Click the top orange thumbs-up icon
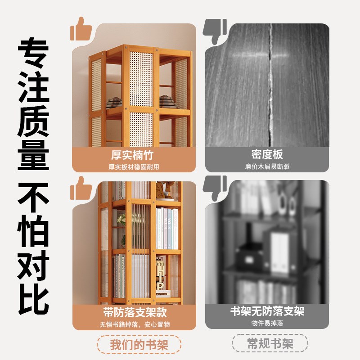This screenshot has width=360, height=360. tap(81, 30)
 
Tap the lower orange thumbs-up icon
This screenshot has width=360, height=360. tap(81, 188)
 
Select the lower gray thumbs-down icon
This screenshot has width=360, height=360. tap(215, 188)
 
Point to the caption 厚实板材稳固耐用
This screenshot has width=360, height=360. tap(134, 166)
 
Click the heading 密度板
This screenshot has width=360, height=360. tap(267, 155)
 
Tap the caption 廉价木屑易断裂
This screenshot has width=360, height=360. tap(267, 166)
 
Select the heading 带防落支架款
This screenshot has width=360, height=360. tap(134, 312)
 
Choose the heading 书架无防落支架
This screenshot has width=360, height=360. tap(267, 311)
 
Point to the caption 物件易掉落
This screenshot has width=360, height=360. tap(267, 324)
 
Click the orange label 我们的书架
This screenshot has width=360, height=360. tap(139, 345)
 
